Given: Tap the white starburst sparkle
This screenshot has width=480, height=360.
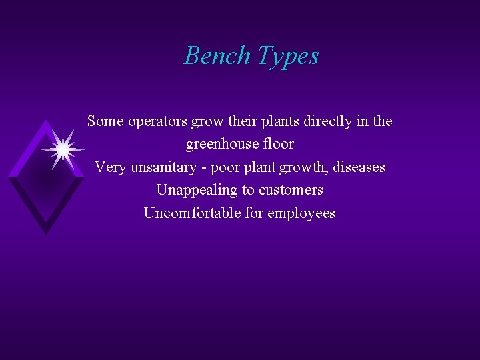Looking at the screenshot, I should click(63, 150).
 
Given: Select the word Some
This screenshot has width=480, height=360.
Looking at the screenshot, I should click(105, 121).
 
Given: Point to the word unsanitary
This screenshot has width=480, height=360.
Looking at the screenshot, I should click(160, 167).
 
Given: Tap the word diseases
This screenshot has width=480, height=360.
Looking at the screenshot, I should click(361, 167).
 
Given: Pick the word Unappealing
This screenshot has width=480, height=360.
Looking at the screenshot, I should click(197, 190).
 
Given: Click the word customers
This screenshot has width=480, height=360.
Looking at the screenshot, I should click(291, 190).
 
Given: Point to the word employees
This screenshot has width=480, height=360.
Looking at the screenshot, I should click(304, 214).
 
